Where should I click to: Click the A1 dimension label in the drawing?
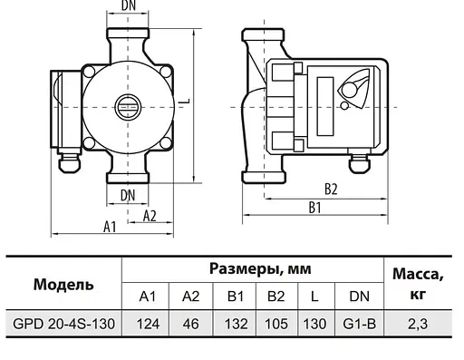pyautogui.click(x=110, y=228)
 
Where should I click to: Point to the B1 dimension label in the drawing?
pyautogui.click(x=316, y=208)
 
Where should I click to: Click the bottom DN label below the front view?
pyautogui.click(x=128, y=194)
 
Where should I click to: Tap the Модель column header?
pyautogui.click(x=63, y=284)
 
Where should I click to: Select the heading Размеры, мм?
pyautogui.click(x=254, y=269)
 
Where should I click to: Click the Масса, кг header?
pyautogui.click(x=418, y=283)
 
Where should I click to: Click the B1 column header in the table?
pyautogui.click(x=236, y=297)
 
